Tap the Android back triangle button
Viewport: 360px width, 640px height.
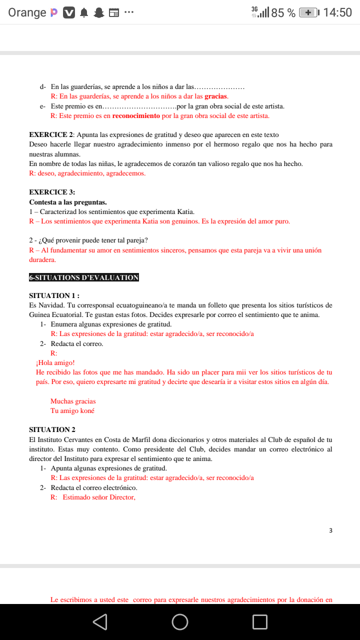pyautogui.click(x=100, y=621)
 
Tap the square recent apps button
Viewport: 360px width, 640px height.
pyautogui.click(x=260, y=621)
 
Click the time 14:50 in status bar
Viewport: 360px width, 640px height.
pyautogui.click(x=337, y=12)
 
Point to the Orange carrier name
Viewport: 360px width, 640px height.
pyautogui.click(x=27, y=12)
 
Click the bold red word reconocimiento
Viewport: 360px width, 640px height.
pyautogui.click(x=136, y=116)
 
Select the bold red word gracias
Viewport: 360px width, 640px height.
pyautogui.click(x=216, y=96)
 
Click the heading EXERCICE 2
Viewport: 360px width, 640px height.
pyautogui.click(x=51, y=134)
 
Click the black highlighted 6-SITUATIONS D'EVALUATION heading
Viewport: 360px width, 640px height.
pyautogui.click(x=84, y=277)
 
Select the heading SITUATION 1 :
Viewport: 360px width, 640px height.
pyautogui.click(x=54, y=295)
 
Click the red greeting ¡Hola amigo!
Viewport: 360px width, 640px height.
pyautogui.click(x=55, y=362)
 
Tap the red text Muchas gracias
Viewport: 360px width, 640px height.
pyautogui.click(x=73, y=401)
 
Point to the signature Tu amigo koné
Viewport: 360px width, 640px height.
pyautogui.click(x=72, y=410)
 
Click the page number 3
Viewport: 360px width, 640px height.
pyautogui.click(x=330, y=530)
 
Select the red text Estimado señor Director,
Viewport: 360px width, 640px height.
pyautogui.click(x=99, y=497)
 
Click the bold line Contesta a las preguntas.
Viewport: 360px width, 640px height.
pyautogui.click(x=67, y=202)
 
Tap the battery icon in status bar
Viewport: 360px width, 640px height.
pyautogui.click(x=308, y=12)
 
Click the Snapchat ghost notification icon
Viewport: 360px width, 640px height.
pyautogui.click(x=99, y=13)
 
